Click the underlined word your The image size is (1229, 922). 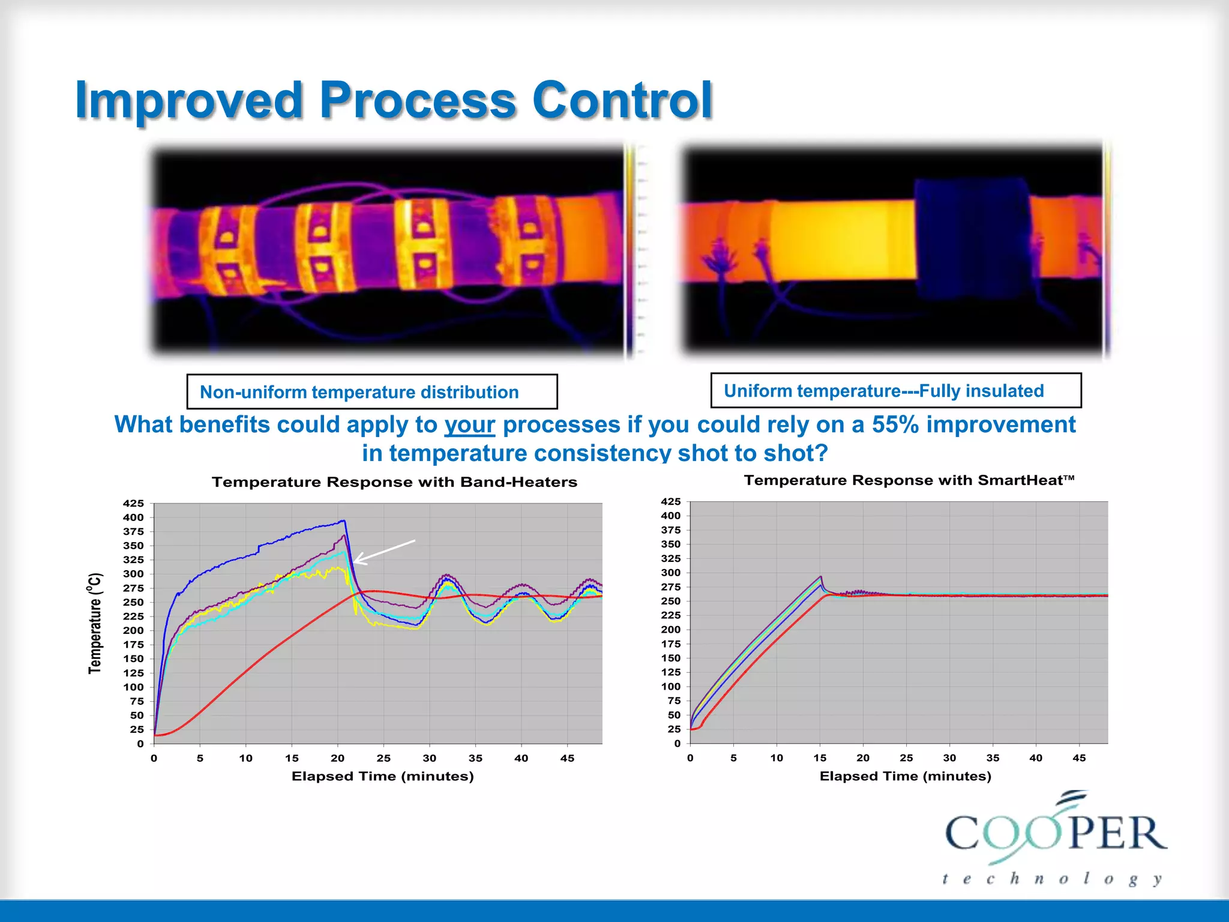click(469, 425)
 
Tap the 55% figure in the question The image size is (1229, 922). click(895, 424)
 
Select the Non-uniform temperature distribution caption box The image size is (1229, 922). click(371, 392)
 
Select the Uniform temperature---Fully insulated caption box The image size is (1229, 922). click(895, 391)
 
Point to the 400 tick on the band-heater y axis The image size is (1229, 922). click(133, 517)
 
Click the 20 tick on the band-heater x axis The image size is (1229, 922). click(337, 758)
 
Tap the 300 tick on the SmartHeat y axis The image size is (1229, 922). click(670, 573)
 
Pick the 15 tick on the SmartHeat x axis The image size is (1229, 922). click(820, 758)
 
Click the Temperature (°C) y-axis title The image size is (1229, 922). click(95, 623)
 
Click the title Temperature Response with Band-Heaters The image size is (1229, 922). click(394, 482)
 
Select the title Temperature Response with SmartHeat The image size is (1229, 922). click(909, 480)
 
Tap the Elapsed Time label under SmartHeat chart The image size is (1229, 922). click(905, 776)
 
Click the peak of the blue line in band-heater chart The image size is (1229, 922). click(343, 521)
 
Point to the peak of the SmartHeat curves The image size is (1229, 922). click(820, 577)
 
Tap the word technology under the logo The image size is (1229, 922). click(1051, 880)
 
